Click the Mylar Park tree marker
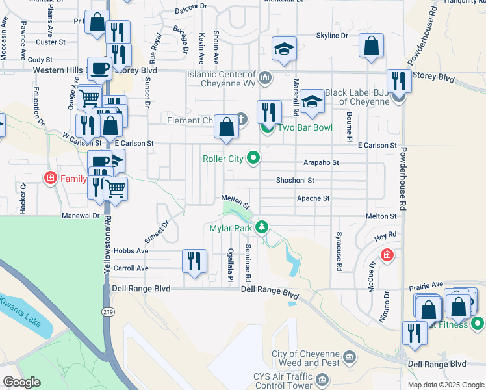pos(262,227)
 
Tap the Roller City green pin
pos(255,157)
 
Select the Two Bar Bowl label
pos(305,127)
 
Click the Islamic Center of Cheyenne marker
pos(264,79)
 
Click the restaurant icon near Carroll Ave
pos(195,261)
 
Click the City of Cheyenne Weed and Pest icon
pos(350,356)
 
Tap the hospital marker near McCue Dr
pos(387,254)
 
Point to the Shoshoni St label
pos(295,181)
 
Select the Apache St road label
pos(313,198)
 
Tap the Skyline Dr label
pos(332,36)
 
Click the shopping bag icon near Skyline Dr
pos(371,47)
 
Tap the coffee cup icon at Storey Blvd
pos(100,68)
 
